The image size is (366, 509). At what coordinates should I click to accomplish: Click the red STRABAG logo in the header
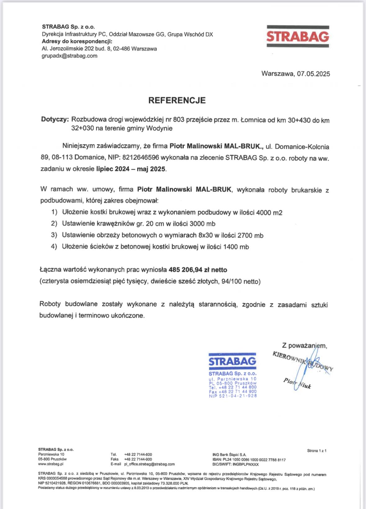pyautogui.click(x=298, y=37)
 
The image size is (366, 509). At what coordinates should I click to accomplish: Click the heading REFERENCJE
pyautogui.click(x=177, y=100)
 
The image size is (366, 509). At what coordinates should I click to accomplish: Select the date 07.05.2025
pyautogui.click(x=313, y=74)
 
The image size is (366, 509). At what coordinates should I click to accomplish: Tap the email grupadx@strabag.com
pyautogui.click(x=70, y=56)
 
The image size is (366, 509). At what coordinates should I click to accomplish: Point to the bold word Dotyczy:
pyautogui.click(x=55, y=119)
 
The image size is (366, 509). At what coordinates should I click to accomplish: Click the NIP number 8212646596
pyautogui.click(x=141, y=157)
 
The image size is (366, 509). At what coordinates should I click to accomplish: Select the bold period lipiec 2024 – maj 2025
pyautogui.click(x=131, y=169)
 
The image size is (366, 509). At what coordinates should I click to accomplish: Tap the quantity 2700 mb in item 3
pyautogui.click(x=250, y=236)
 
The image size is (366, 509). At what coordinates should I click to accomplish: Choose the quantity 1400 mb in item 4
pyautogui.click(x=236, y=247)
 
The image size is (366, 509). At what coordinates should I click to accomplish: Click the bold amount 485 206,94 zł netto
pyautogui.click(x=198, y=270)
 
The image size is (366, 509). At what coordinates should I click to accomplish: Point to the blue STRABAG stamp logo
pyautogui.click(x=233, y=361)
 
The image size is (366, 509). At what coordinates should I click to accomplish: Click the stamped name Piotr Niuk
pyautogui.click(x=297, y=384)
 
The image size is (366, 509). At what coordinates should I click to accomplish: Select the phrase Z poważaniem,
pyautogui.click(x=304, y=345)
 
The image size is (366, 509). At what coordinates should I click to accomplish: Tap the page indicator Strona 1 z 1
pyautogui.click(x=317, y=451)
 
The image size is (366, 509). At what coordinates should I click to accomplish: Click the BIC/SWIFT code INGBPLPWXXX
pyautogui.click(x=246, y=464)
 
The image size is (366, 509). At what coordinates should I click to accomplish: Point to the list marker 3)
pyautogui.click(x=54, y=235)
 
